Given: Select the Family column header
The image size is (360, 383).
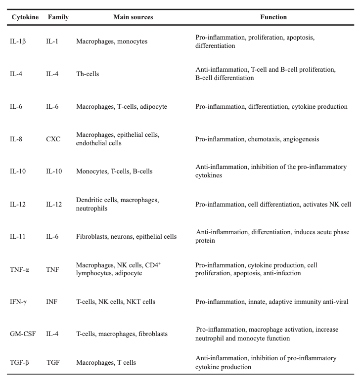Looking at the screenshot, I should coord(58,17).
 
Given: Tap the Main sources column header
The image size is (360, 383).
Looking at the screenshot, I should coord(133,17).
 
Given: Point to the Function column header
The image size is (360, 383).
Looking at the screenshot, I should coord(273,17).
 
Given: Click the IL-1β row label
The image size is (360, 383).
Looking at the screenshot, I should coord(18,42).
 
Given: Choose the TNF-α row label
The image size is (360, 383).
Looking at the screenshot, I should coord(20,269).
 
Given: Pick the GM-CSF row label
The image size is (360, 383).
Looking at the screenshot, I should coord(22,334).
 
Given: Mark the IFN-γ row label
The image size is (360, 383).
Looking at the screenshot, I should coord(19,302).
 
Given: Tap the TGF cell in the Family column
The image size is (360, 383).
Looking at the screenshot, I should coord(53,363).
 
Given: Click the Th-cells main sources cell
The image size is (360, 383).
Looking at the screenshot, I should coord(88,74).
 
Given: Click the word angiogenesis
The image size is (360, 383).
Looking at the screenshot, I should coord(301,139).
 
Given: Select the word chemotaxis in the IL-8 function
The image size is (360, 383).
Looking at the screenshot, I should coord(263,139).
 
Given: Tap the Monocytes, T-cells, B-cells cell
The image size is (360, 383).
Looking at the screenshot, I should coord(114,171).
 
